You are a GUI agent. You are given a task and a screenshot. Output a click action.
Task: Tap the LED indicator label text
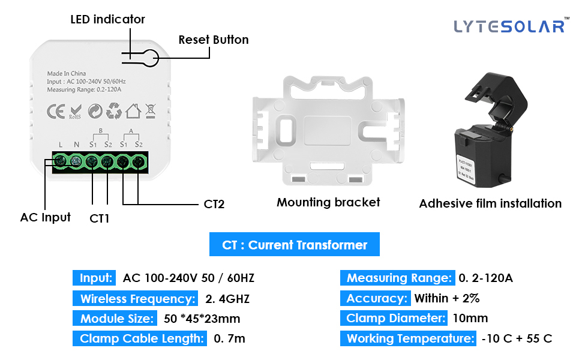click(x=107, y=19)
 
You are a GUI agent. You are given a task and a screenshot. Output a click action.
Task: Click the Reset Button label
click(x=213, y=40)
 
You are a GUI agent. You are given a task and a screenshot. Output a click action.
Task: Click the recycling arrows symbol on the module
click(x=114, y=111)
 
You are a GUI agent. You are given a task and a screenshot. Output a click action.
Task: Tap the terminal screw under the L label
click(x=60, y=161)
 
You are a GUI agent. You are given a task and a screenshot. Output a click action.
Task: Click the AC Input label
click(x=45, y=217)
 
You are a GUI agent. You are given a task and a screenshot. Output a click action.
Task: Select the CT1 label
click(x=100, y=218)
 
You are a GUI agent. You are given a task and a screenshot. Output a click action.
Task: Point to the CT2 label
click(x=214, y=204)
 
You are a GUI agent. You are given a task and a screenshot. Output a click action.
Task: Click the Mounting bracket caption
click(x=328, y=202)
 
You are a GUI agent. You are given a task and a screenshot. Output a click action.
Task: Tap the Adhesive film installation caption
click(x=490, y=203)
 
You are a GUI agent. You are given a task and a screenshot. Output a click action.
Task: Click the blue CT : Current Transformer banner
click(x=295, y=245)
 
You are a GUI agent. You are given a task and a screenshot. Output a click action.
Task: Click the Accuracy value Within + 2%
click(x=447, y=298)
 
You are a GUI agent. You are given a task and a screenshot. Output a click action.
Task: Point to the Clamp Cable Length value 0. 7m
click(x=229, y=338)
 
